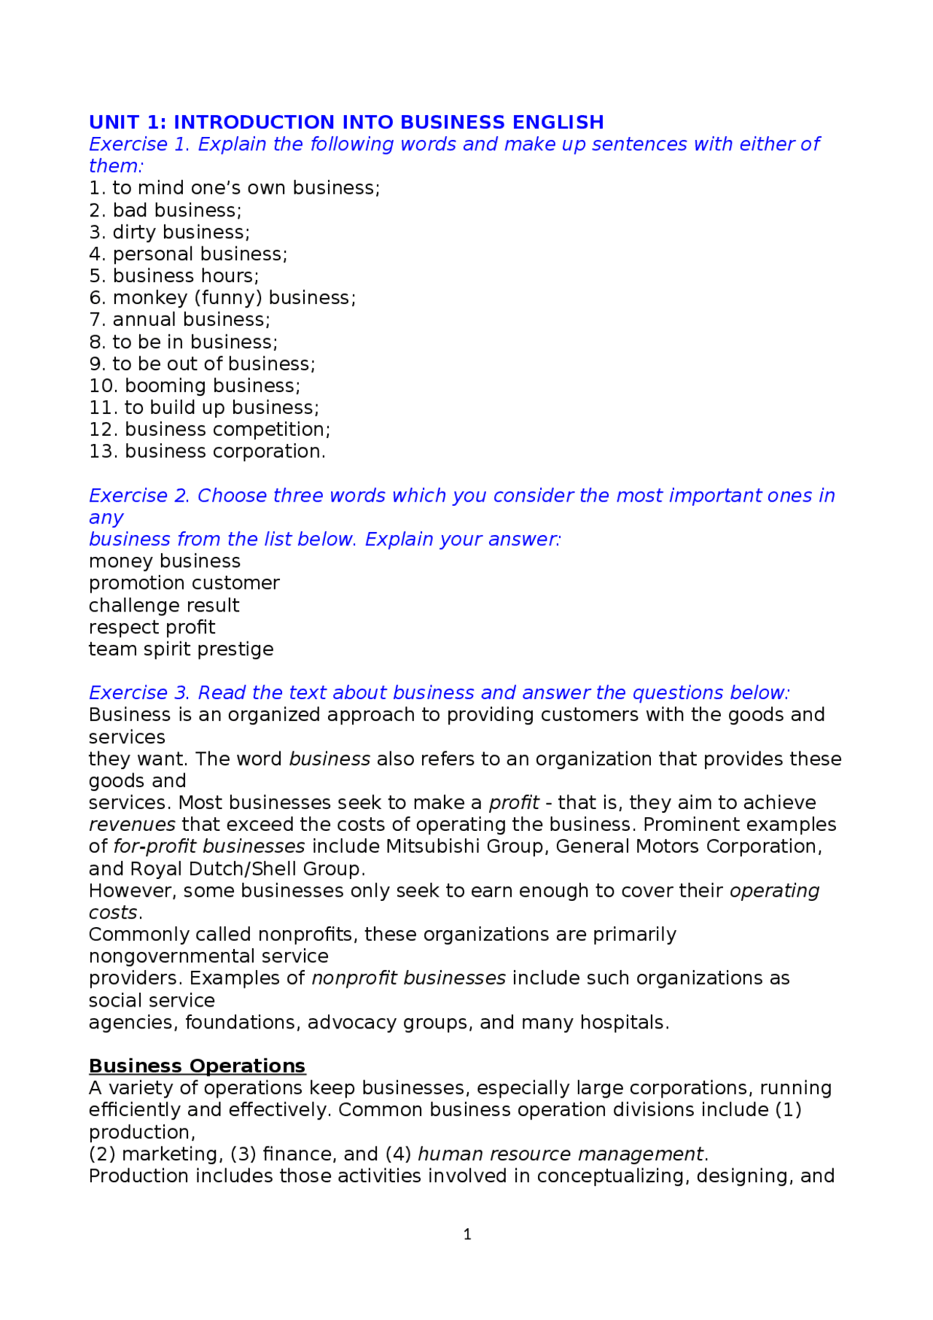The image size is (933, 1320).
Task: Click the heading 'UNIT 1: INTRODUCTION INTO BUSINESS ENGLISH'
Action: [x=346, y=122]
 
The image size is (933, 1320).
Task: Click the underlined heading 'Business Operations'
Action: [x=197, y=1066]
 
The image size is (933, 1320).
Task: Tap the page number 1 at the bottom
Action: [x=467, y=1234]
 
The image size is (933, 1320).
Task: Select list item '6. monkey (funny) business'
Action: [x=222, y=297]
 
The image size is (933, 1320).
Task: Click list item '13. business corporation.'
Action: [x=207, y=451]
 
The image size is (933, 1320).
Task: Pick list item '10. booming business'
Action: [x=195, y=386]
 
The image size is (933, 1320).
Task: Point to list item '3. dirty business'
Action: [x=169, y=232]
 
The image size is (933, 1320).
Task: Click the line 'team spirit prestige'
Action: [x=181, y=649]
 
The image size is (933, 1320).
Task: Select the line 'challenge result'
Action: [x=164, y=605]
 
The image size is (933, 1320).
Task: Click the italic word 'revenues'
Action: [x=132, y=824]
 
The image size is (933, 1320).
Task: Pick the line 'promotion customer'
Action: [x=184, y=583]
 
